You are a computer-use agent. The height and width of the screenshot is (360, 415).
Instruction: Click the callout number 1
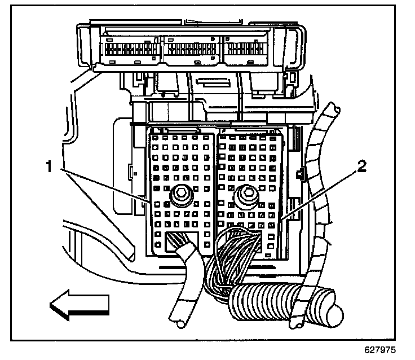[50, 167]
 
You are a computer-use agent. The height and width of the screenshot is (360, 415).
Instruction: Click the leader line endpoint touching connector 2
[280, 218]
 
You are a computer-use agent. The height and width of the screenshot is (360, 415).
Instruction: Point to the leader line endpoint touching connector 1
[149, 202]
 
